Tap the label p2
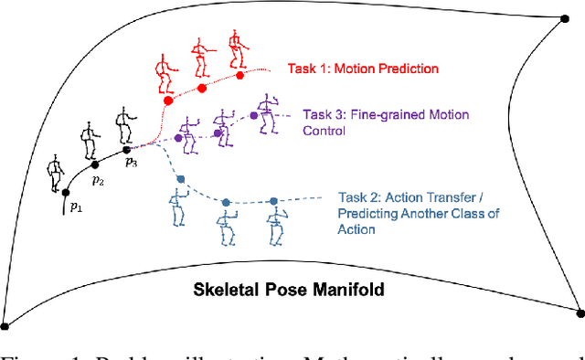pos(98,183)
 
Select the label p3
pos(131,164)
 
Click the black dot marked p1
pos(65,192)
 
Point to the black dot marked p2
pos(94,166)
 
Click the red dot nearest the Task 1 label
pos(240,75)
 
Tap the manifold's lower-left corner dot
pos(5,325)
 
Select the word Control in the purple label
pos(324,132)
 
